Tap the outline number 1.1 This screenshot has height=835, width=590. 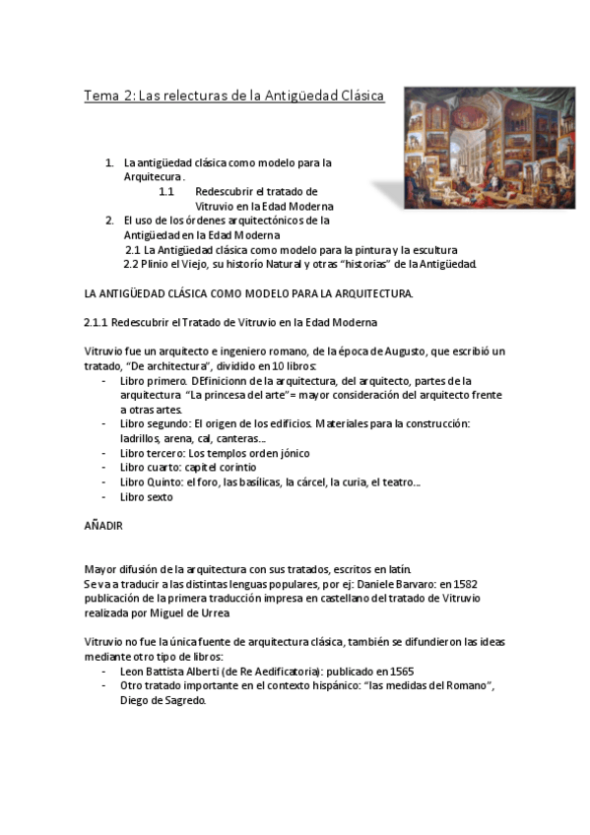click(166, 191)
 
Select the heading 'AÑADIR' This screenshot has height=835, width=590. click(102, 527)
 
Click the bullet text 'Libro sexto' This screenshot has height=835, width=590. click(146, 497)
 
